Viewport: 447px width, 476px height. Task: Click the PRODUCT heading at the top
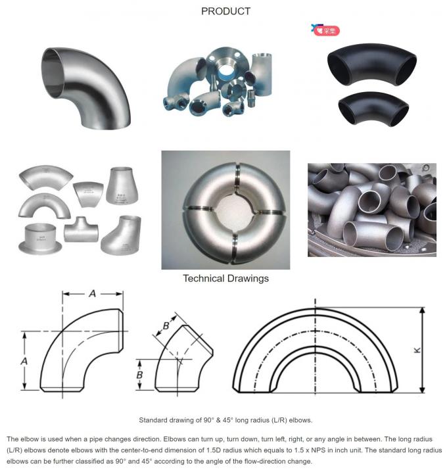[225, 11]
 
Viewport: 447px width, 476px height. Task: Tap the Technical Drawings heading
[225, 278]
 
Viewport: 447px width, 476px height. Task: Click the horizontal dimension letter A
[93, 295]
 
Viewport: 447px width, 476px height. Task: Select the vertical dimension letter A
[25, 360]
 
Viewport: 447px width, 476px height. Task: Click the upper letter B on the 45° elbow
[166, 324]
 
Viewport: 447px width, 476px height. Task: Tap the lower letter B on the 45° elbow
[140, 375]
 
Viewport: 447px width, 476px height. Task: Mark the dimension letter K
[417, 350]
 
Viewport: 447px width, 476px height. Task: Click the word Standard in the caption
[153, 419]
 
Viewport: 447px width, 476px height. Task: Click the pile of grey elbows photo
[371, 209]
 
